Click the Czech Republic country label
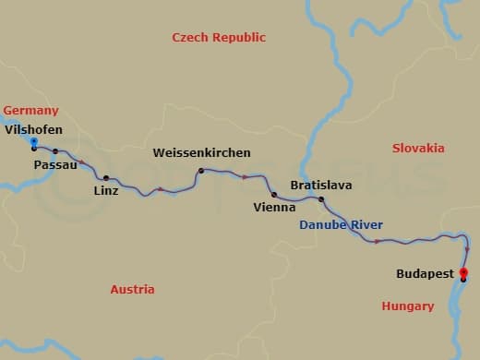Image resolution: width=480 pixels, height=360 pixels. point(219,38)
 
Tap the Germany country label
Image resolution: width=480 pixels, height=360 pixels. point(30,111)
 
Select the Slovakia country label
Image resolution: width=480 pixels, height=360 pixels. point(418,149)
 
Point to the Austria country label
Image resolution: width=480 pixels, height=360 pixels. point(132,290)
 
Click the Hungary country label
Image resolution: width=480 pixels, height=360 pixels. point(407,306)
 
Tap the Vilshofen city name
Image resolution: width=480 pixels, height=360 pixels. point(34,129)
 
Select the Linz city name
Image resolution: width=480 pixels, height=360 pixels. point(106,191)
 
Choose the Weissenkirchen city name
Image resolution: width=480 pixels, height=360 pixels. point(201,152)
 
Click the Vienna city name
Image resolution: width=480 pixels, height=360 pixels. point(274,208)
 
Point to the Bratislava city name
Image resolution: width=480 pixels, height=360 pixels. point(320,186)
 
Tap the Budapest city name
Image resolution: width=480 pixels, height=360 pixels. point(425,274)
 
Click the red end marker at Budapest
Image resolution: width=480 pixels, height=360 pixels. point(463,272)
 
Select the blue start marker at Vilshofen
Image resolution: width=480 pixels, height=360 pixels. point(33,142)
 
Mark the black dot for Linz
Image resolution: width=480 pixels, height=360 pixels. point(106,177)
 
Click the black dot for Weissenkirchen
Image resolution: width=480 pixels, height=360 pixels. point(199,171)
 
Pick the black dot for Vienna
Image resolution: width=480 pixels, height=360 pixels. point(274,195)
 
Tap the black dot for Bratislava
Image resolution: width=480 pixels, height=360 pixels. point(321,199)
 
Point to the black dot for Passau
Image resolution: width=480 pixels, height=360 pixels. point(55,151)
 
